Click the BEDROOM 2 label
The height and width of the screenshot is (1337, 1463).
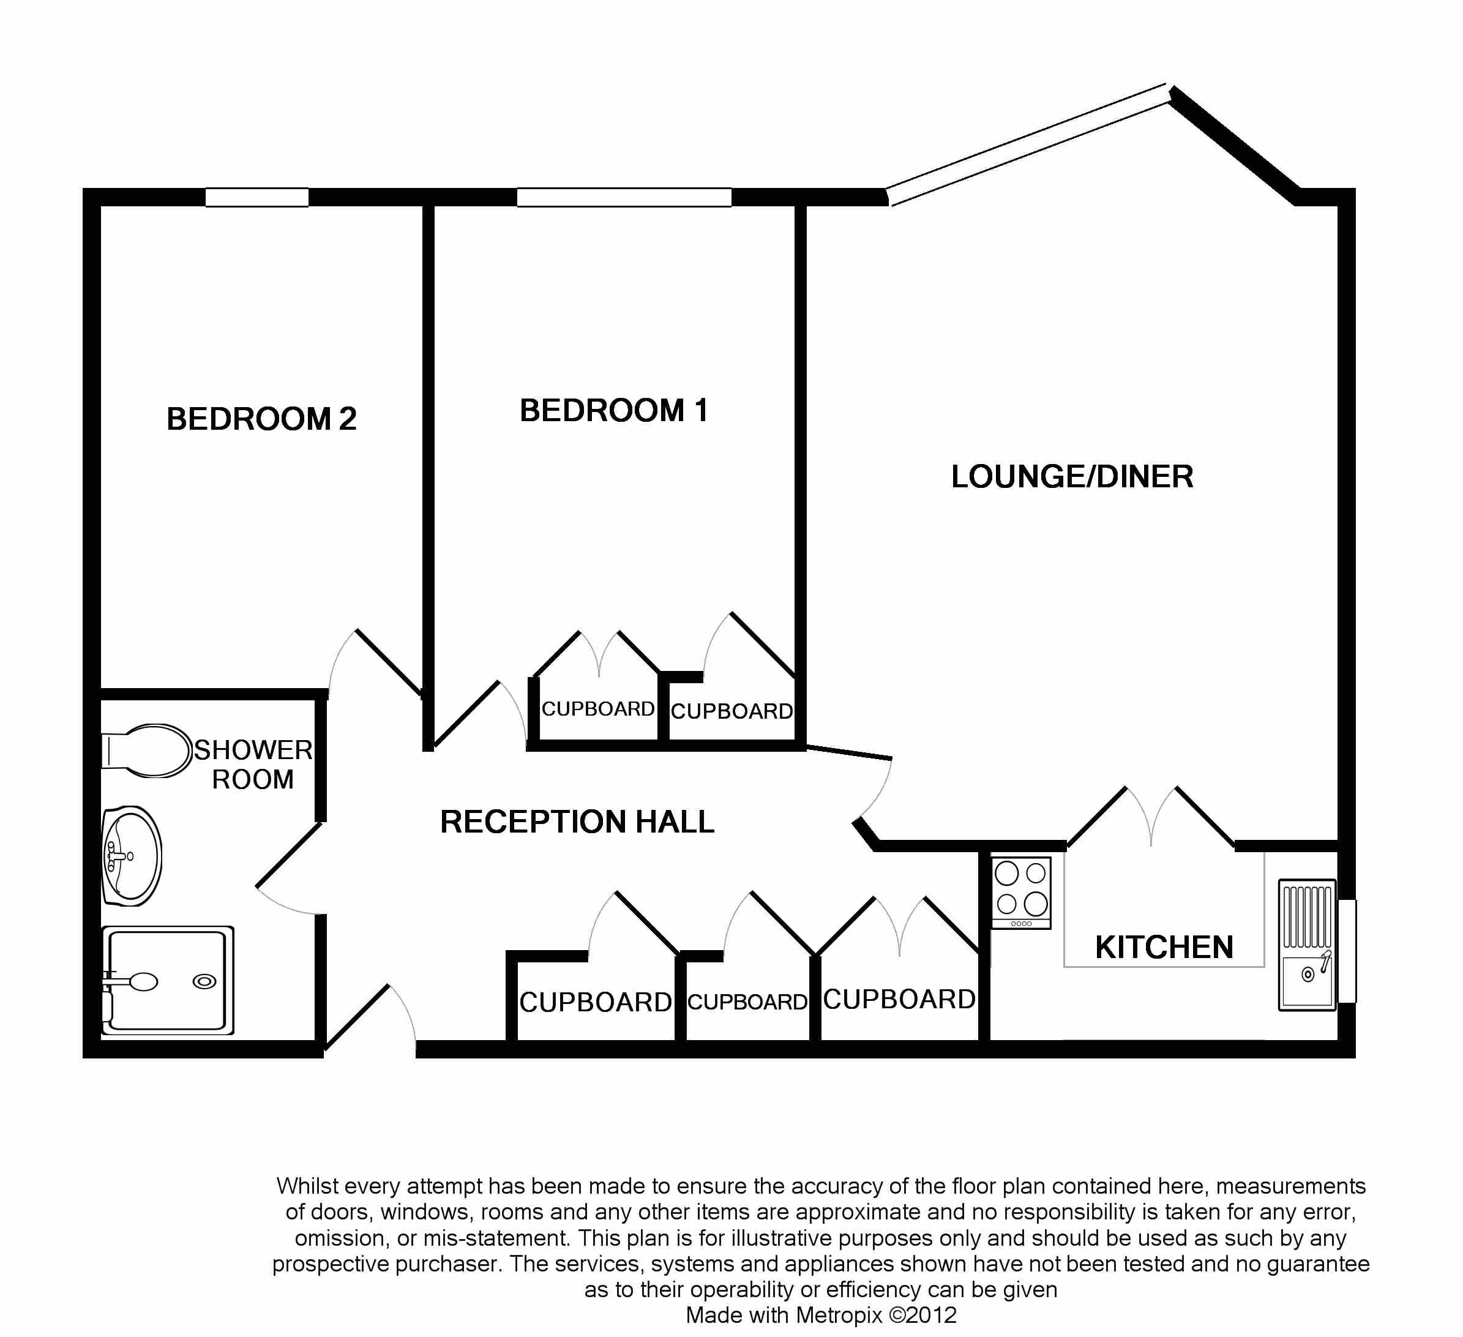click(x=261, y=419)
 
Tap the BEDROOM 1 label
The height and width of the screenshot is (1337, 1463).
click(x=613, y=411)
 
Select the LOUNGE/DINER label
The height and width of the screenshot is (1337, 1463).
click(x=1072, y=477)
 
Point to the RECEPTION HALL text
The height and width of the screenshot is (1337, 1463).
click(x=577, y=822)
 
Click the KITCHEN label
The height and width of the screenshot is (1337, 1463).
click(x=1164, y=947)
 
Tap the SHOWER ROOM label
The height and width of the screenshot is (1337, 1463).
click(x=253, y=765)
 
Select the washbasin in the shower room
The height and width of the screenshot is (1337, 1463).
click(x=132, y=856)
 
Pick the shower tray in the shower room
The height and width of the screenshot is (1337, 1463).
click(x=168, y=980)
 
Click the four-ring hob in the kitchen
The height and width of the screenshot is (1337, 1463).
click(x=1021, y=892)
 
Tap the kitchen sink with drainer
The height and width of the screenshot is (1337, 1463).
click(x=1307, y=945)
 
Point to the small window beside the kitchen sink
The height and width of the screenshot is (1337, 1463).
click(x=1347, y=951)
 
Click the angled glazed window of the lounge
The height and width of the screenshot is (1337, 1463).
click(x=1028, y=145)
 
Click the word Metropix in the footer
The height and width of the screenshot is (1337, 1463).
click(x=839, y=1314)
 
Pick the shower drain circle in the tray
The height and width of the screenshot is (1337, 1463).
click(x=204, y=982)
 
